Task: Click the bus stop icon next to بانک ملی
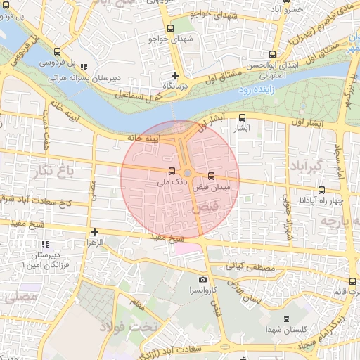point(172,171)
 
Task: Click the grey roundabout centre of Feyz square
point(188,174)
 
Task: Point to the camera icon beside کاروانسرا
point(203,280)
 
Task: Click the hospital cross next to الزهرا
point(94,231)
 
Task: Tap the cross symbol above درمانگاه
point(176,75)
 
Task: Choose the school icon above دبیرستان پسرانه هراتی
point(84,67)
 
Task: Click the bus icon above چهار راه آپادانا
point(322,189)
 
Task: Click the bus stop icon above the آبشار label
point(243,118)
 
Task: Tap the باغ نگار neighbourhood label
point(52,169)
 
